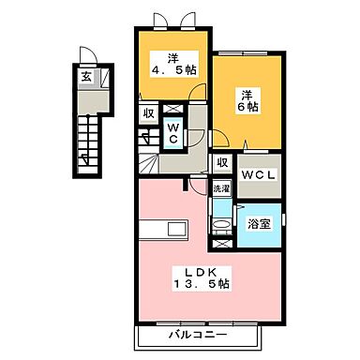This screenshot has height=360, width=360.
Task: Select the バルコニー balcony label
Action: point(199,335)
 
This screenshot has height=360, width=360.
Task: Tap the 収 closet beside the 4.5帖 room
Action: point(148,113)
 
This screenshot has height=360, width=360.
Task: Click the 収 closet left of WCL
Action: point(222,163)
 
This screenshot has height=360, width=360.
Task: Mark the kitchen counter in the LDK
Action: point(162,228)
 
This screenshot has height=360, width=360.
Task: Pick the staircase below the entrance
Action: point(86,141)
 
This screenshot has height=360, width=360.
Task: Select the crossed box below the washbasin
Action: point(220,244)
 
